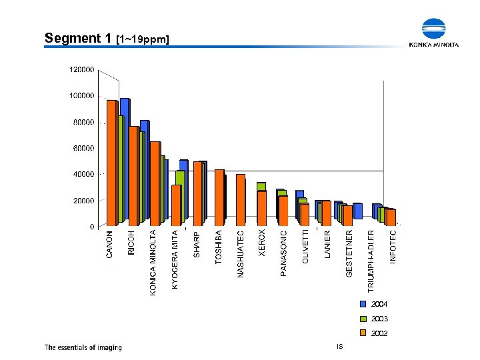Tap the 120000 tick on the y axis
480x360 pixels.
(82, 69)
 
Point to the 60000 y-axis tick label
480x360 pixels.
(83, 148)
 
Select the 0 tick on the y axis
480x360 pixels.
(92, 227)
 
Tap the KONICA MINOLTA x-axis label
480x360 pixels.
(153, 263)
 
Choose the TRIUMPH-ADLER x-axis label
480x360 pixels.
(371, 261)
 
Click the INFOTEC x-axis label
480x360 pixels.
(393, 247)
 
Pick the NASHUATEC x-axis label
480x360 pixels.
(241, 254)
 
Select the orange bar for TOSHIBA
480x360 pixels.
(219, 197)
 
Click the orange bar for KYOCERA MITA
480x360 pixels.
(176, 205)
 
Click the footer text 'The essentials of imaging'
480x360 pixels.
(83, 347)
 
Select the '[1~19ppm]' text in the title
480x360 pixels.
(143, 40)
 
